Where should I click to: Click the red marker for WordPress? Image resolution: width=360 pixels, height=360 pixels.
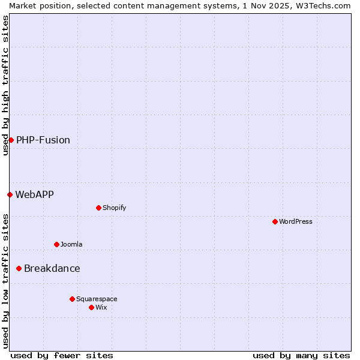[x=275, y=221]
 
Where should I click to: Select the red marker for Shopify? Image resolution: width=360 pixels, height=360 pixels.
[x=98, y=208]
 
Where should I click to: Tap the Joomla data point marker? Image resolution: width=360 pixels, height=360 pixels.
[x=56, y=244]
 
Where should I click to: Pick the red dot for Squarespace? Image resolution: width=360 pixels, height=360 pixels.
[x=72, y=299]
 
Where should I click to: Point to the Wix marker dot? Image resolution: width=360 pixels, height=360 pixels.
[x=91, y=307]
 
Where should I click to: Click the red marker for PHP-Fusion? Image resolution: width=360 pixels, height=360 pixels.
[x=11, y=140]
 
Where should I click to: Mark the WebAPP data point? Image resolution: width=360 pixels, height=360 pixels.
[x=10, y=194]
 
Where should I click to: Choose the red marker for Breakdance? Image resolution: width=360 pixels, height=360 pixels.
[x=19, y=268]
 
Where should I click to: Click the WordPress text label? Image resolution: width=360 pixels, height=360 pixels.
[x=296, y=221]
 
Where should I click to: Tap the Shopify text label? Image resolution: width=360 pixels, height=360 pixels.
[x=115, y=208]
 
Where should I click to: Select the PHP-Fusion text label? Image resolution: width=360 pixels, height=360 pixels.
[x=43, y=140]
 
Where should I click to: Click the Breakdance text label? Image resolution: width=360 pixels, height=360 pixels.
[x=52, y=268]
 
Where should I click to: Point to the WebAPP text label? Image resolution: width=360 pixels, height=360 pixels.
[x=35, y=194]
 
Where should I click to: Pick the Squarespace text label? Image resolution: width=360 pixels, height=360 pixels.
[x=97, y=299]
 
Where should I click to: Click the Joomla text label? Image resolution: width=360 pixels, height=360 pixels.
[x=71, y=244]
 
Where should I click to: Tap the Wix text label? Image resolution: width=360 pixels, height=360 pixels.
[x=101, y=307]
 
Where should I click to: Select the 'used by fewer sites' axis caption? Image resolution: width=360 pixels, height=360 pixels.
[x=62, y=355]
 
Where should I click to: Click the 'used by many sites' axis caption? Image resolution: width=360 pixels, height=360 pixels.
[x=301, y=355]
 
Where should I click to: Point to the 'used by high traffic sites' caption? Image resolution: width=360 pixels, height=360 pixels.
[x=5, y=85]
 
